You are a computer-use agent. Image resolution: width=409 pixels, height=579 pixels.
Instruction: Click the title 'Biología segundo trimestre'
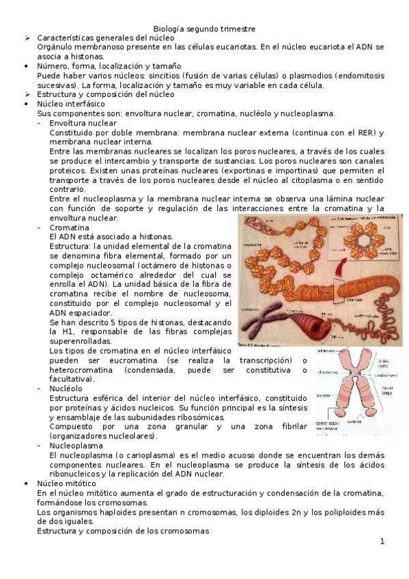(x=204, y=29)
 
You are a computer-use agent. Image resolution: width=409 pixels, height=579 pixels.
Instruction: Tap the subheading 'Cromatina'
(x=69, y=227)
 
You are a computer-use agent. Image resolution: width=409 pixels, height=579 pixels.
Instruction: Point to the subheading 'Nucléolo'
(x=66, y=388)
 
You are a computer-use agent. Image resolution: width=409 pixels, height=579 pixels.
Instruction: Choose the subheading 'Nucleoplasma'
(x=74, y=445)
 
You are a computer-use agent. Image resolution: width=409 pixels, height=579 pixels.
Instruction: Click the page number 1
(x=382, y=541)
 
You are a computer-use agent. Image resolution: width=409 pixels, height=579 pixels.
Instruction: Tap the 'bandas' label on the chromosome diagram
(x=323, y=395)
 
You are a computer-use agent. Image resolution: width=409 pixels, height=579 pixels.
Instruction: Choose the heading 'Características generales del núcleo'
(x=106, y=38)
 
